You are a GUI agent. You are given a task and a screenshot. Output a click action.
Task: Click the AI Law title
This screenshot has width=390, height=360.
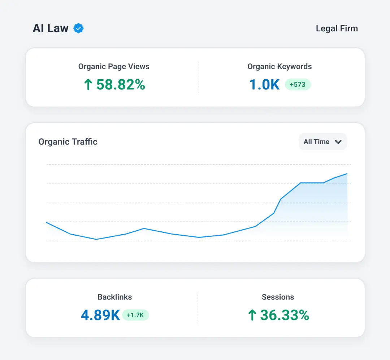pos(51,28)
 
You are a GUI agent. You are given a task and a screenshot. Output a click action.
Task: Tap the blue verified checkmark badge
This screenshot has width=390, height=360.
pos(79,28)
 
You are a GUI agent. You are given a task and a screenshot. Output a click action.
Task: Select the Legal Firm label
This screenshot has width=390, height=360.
pos(337,28)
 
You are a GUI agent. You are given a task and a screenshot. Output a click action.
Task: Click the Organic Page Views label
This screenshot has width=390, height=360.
pos(114,67)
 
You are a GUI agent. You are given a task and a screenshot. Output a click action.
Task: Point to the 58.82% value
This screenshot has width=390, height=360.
pos(121,84)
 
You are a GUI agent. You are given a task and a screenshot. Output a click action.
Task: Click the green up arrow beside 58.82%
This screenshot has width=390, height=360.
pos(88,84)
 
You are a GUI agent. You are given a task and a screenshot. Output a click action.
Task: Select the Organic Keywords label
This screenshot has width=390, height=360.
pos(279,67)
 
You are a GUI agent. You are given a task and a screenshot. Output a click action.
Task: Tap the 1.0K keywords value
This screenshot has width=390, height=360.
pos(264,85)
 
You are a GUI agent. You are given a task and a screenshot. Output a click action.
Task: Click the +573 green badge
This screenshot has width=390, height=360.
pos(298,84)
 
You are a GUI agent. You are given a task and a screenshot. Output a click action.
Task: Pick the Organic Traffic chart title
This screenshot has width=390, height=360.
pos(68,142)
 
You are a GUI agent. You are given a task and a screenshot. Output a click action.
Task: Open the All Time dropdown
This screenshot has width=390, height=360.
pos(322,142)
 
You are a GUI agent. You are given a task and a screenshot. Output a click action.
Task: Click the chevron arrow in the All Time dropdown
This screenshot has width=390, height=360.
pos(338,142)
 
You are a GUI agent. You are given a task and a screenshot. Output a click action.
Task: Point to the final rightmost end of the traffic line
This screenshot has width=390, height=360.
pos(347,174)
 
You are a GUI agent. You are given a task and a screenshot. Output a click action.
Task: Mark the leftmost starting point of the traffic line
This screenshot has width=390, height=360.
pos(47,222)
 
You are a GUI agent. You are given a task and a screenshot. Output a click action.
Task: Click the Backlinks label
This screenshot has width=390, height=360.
pos(115,297)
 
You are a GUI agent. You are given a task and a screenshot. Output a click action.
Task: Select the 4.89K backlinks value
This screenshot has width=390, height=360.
pos(100,315)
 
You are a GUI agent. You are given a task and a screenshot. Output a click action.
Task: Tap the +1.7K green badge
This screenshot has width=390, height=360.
pos(135,315)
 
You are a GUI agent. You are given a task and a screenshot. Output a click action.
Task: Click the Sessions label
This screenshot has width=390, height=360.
pos(278,297)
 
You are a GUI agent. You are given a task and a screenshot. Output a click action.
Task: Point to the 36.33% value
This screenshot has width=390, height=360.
pos(285,315)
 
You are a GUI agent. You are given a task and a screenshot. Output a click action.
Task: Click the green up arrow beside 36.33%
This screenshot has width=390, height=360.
pos(252,315)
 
